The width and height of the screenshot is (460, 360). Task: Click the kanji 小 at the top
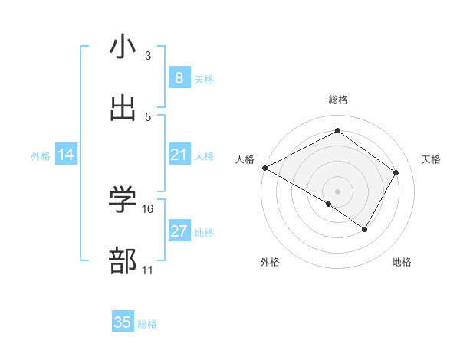pyautogui.click(x=123, y=47)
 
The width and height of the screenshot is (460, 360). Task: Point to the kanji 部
pyautogui.click(x=123, y=261)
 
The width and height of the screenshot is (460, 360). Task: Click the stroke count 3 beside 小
pyautogui.click(x=148, y=56)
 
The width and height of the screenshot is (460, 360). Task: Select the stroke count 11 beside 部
pyautogui.click(x=148, y=270)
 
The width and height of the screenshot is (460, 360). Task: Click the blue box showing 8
pyautogui.click(x=179, y=78)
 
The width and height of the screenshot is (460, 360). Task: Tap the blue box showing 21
pyautogui.click(x=179, y=155)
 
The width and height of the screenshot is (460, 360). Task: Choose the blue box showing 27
pyautogui.click(x=179, y=231)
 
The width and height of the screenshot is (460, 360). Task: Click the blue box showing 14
pyautogui.click(x=66, y=155)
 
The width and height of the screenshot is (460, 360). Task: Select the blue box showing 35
pyautogui.click(x=123, y=322)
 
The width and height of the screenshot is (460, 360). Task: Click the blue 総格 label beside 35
pyautogui.click(x=147, y=324)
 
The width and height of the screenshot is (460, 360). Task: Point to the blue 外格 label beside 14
pyautogui.click(x=41, y=156)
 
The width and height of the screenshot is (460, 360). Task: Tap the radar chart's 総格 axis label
pyautogui.click(x=337, y=100)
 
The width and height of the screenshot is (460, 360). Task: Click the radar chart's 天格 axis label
pyautogui.click(x=432, y=159)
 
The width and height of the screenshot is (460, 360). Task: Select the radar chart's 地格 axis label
pyautogui.click(x=402, y=263)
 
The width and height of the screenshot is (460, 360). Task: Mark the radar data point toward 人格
pyautogui.click(x=264, y=168)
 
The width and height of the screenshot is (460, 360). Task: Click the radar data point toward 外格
pyautogui.click(x=329, y=204)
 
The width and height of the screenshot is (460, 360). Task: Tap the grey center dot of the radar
pyautogui.click(x=337, y=191)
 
